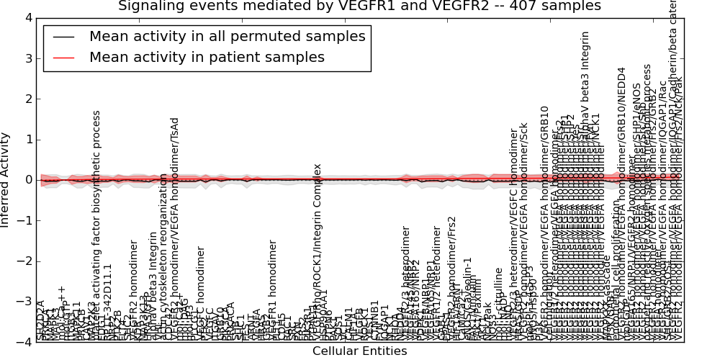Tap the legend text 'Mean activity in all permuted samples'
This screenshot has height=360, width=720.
point(227,37)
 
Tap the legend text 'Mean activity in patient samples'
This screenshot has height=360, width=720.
point(207,58)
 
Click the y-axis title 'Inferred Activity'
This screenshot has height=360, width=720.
point(6,180)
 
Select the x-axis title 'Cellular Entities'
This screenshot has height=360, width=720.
point(359,351)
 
